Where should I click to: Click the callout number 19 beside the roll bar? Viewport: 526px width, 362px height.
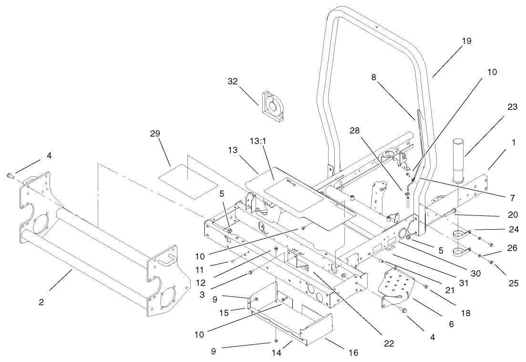(466, 41)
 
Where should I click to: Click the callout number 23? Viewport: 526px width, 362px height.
(512, 107)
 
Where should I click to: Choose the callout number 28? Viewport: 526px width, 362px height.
(368, 130)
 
